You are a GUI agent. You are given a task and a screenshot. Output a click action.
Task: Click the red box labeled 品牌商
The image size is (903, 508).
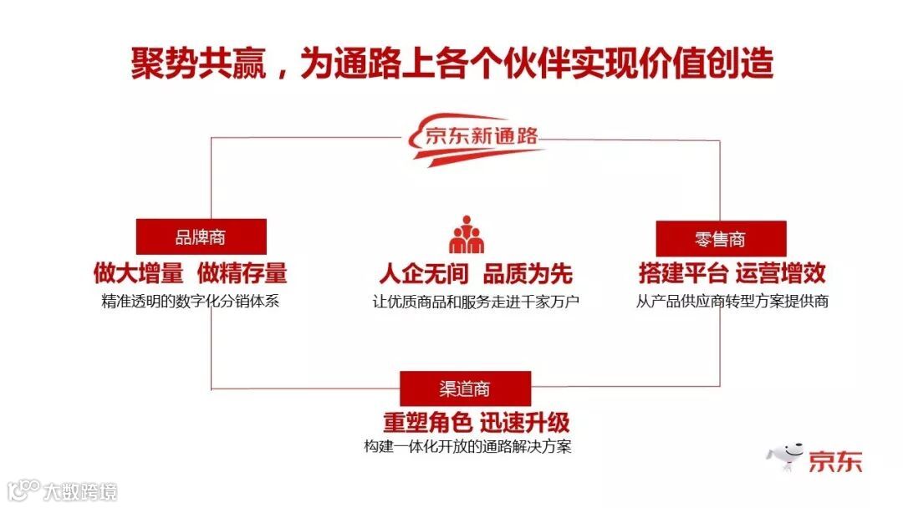coord(201,236)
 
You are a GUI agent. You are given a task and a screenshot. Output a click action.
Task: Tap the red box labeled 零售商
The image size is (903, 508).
coord(720,239)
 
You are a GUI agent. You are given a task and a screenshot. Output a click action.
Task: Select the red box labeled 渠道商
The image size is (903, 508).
coord(465,389)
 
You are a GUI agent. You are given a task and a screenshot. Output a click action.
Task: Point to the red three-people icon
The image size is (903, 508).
coord(467,235)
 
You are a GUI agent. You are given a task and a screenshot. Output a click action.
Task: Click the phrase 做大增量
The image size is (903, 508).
coord(138,273)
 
